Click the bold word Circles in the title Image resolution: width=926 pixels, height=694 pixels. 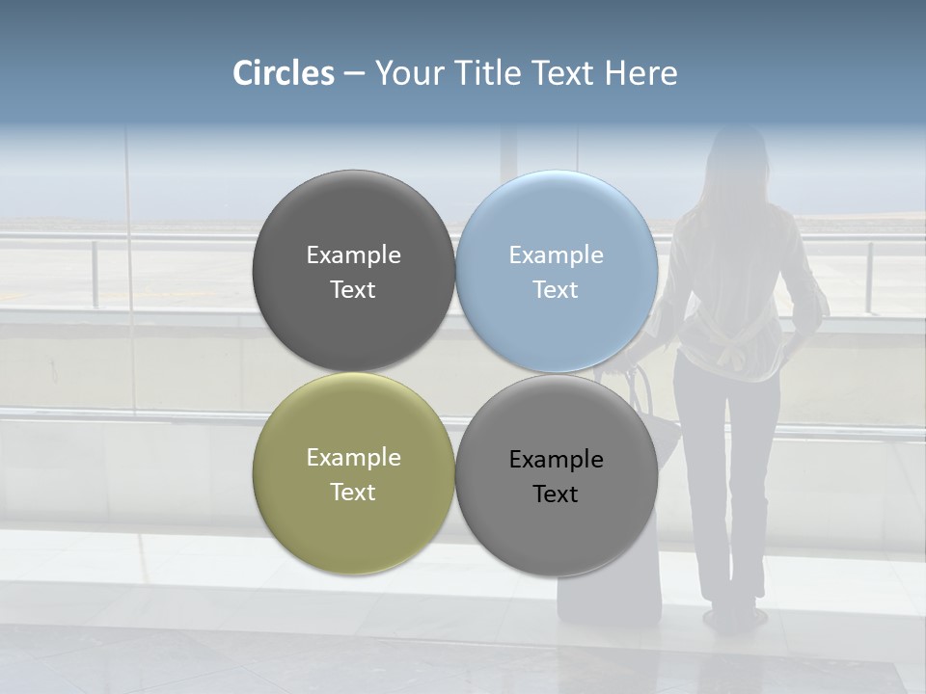[x=284, y=73]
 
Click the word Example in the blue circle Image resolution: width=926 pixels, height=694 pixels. [x=556, y=255]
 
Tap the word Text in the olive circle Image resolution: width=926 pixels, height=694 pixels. [x=353, y=493]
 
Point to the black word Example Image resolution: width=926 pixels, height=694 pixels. [x=556, y=460]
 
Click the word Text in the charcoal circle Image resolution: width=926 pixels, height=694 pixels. [x=353, y=290]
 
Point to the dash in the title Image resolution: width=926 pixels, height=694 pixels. [x=354, y=74]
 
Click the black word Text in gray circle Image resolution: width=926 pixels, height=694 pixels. [x=556, y=494]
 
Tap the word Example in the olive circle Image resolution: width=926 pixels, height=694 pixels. [x=353, y=458]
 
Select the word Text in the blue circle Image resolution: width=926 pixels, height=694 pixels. [x=556, y=290]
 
